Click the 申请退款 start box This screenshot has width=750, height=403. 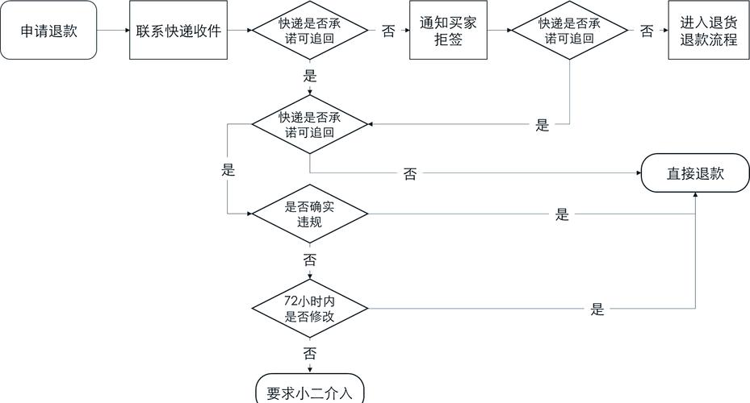coord(49,31)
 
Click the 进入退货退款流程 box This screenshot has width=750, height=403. coord(703,31)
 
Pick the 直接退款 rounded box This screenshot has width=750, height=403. coord(695,173)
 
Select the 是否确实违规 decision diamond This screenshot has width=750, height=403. coord(310,214)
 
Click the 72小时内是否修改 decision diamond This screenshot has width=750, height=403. coord(310,310)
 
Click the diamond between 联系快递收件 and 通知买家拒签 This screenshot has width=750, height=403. coord(310,31)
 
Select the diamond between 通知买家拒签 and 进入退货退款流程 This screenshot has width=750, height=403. coord(571,31)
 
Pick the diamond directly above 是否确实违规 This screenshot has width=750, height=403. coord(310,124)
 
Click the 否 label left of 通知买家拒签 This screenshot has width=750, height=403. coord(388,31)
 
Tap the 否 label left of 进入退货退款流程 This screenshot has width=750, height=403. coord(647,31)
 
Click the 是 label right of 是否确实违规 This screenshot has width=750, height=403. coord(562,215)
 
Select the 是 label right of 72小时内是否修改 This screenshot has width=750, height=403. coord(597,310)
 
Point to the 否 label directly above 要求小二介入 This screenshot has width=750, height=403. coord(310,354)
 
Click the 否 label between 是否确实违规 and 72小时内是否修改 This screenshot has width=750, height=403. coord(310,260)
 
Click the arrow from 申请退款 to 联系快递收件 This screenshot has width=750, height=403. coord(113,31)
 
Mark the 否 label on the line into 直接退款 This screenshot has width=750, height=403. coord(410,174)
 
